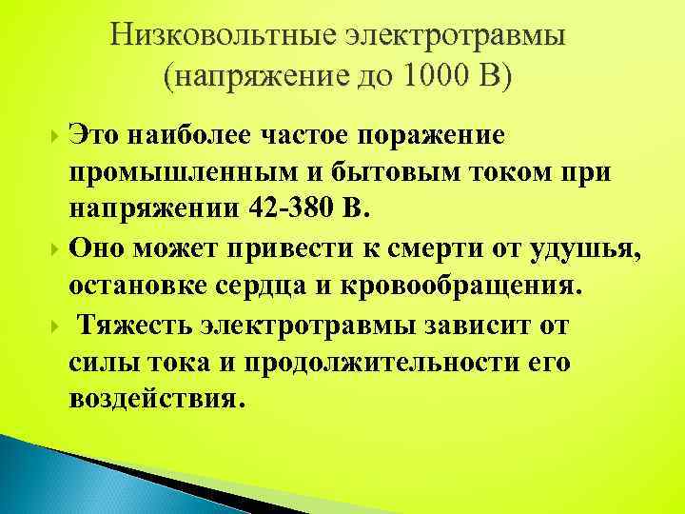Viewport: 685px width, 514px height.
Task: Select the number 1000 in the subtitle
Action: pyautogui.click(x=431, y=76)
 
